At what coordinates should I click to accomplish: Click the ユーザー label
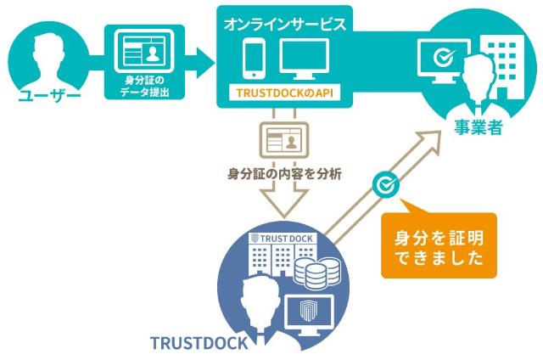[48, 94]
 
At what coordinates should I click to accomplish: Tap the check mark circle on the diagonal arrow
[386, 183]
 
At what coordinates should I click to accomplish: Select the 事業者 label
[476, 129]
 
